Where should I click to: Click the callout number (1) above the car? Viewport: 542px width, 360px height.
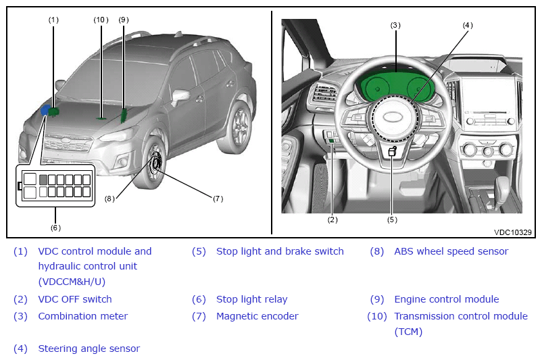53,20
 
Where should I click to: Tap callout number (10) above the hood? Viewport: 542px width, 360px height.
101,20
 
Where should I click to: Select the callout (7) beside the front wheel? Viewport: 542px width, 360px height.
218,199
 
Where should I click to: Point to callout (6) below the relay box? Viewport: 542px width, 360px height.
55,228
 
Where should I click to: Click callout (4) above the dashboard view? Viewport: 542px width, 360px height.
468,25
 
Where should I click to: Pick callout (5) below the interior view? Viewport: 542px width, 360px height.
392,220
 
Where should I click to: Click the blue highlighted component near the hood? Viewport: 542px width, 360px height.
45,111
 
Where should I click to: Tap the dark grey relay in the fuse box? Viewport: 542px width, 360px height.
43,180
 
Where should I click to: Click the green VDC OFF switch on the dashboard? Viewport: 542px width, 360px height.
332,140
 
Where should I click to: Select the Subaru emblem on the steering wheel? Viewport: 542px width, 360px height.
393,117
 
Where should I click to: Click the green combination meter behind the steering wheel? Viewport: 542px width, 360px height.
395,86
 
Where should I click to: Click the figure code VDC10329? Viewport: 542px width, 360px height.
513,232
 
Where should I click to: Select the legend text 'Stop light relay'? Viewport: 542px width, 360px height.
251,299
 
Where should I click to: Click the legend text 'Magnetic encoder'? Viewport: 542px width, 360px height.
257,316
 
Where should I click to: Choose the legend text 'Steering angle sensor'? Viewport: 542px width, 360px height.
89,349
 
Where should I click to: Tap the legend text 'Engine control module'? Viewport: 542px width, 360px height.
447,299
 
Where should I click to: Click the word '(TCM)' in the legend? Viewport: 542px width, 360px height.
408,332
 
